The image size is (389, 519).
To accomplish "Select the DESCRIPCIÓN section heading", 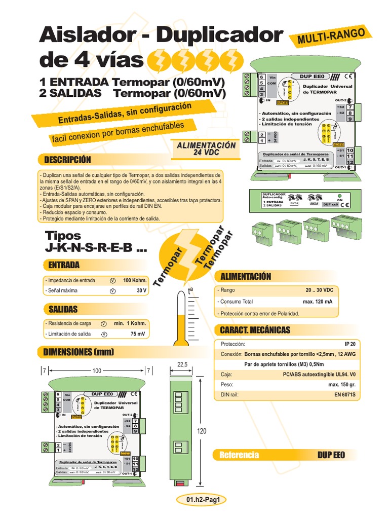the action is (67, 160).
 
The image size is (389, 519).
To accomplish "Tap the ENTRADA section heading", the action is (64, 265).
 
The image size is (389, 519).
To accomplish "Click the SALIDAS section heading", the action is (63, 309).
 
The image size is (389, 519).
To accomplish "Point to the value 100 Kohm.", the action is (135, 280).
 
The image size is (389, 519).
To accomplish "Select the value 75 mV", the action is (138, 334).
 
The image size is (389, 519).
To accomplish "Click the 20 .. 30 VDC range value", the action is (319, 290).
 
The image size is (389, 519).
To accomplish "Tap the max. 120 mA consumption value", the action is (318, 302).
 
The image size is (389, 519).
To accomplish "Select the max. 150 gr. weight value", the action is (344, 384).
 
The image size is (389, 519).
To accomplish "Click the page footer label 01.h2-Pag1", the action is (205, 500).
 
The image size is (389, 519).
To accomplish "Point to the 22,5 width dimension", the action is (182, 364).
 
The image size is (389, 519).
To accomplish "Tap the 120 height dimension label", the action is (202, 431).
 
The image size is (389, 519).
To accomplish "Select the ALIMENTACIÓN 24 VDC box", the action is (206, 149).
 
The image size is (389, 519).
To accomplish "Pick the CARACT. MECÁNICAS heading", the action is (255, 330).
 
